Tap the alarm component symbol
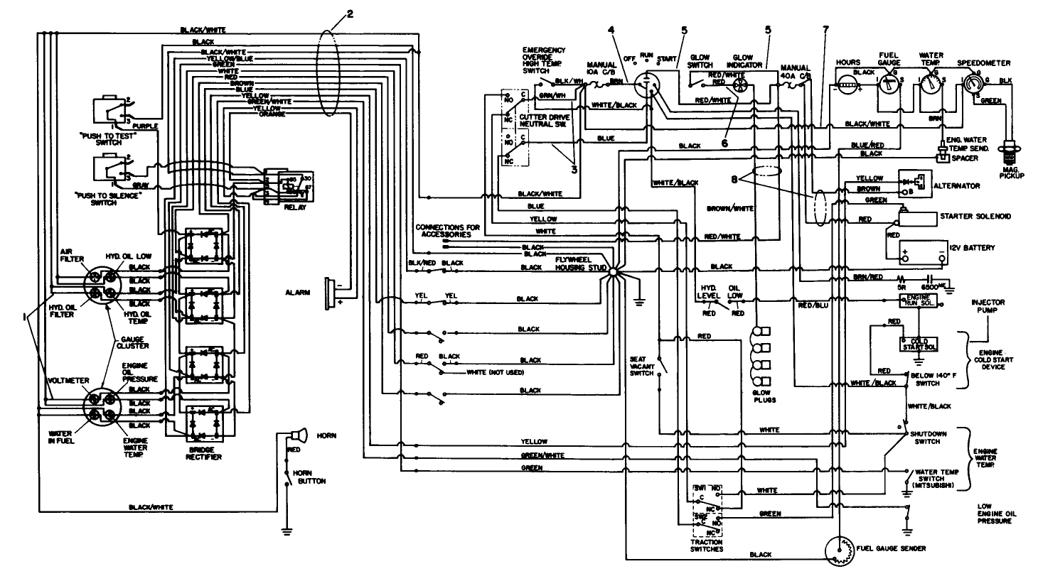coord(330,292)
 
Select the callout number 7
coord(825,31)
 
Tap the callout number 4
coord(611,30)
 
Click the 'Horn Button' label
coord(313,477)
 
